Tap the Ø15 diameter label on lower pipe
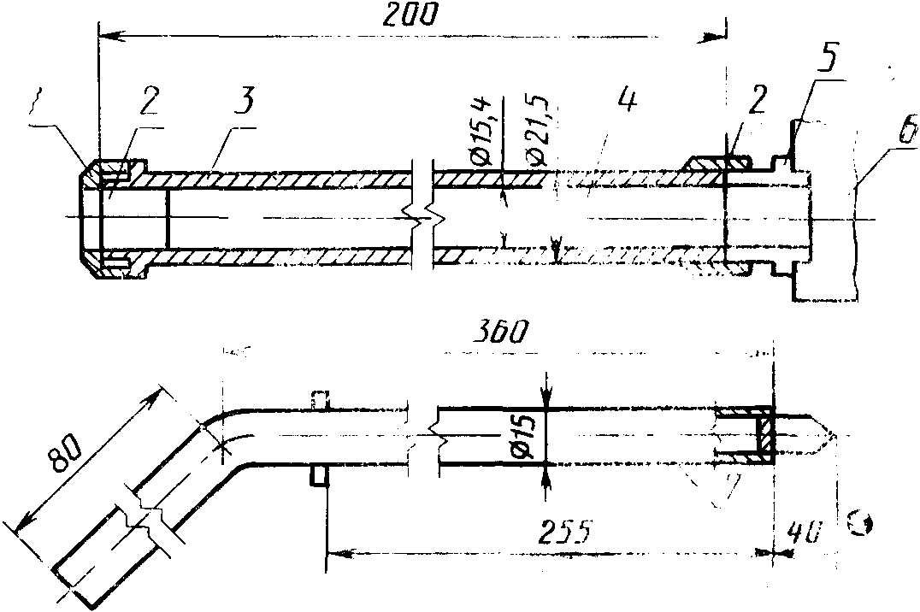click(x=522, y=438)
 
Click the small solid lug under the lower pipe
click(x=317, y=476)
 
